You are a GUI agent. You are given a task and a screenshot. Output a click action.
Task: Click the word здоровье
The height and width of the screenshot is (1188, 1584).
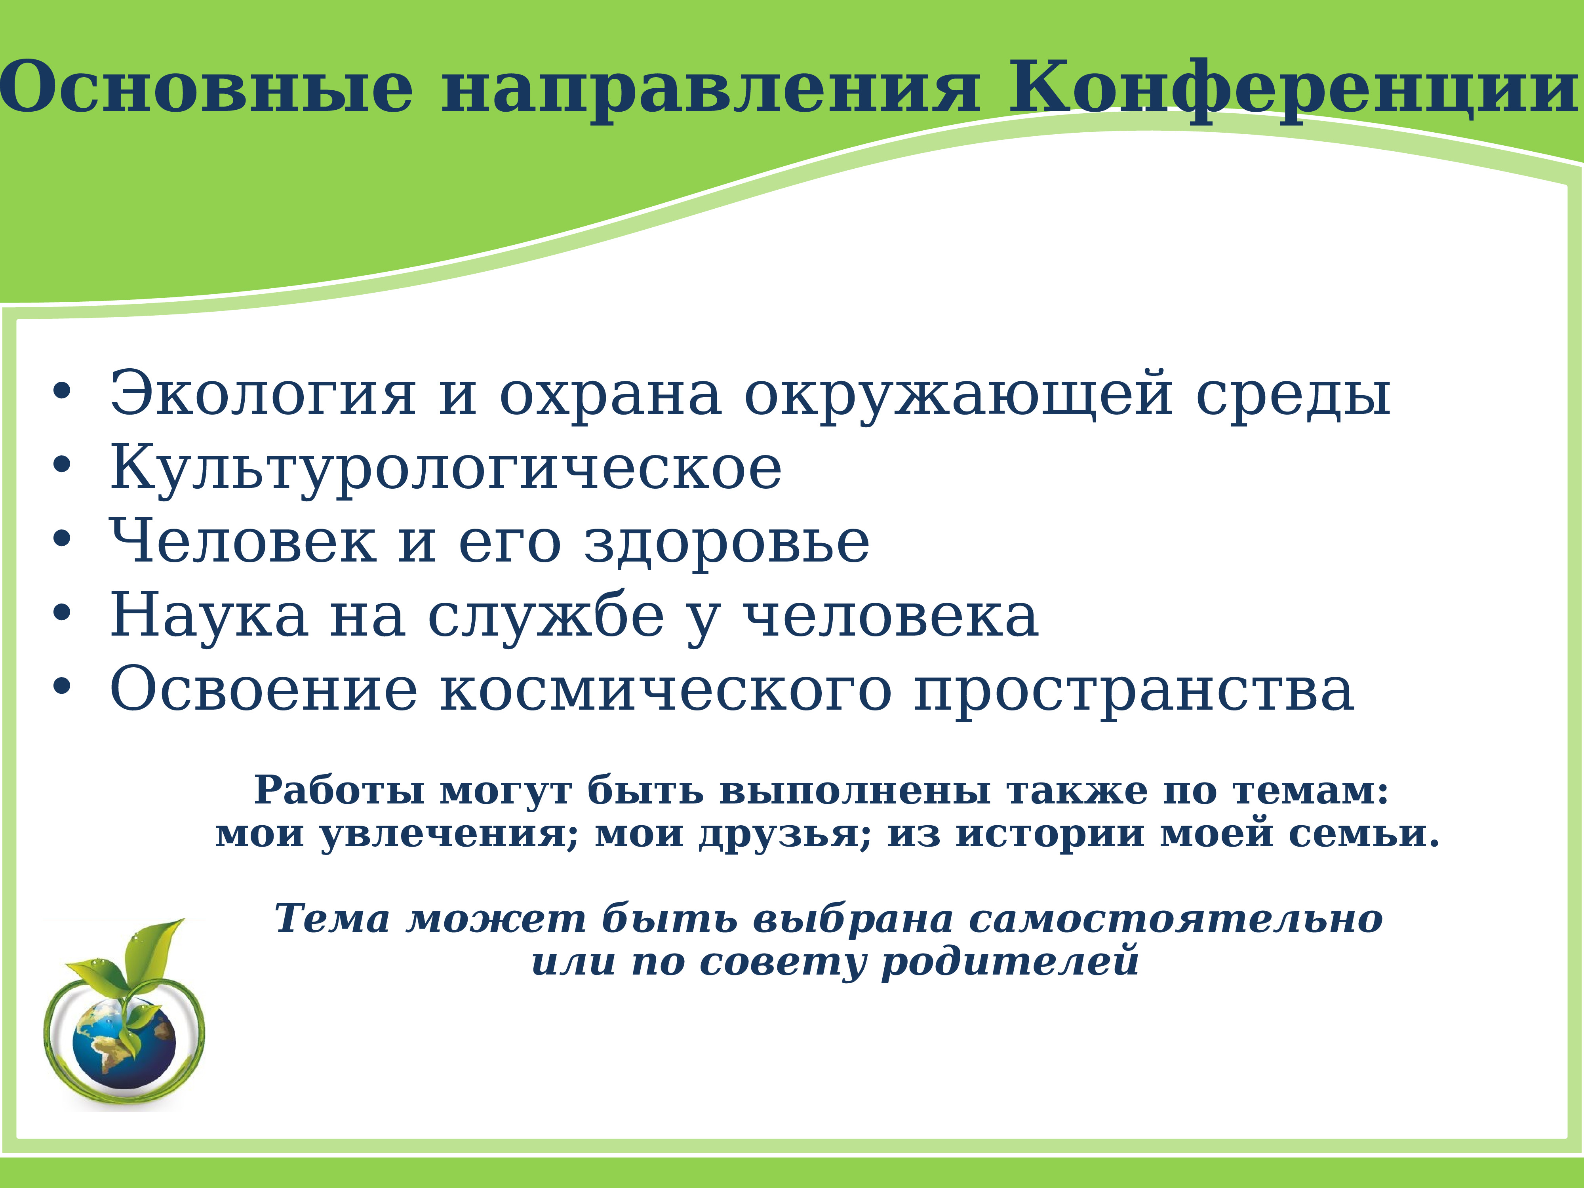[727, 542]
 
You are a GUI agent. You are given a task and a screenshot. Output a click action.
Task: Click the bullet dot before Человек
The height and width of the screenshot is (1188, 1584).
[62, 539]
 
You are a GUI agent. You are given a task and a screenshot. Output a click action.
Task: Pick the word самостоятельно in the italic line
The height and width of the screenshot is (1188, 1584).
[1175, 919]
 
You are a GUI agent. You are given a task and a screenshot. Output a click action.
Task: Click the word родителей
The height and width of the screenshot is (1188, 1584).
[1010, 962]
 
